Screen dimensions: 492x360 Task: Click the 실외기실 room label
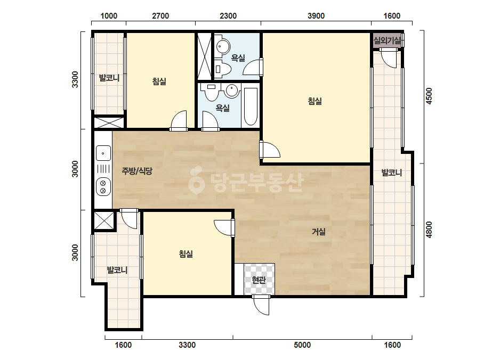click(x=387, y=40)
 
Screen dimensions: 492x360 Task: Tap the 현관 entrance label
click(x=259, y=280)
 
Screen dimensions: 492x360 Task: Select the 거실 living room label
click(x=318, y=232)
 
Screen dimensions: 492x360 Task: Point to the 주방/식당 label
click(x=137, y=171)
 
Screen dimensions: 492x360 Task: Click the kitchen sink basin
click(x=103, y=153)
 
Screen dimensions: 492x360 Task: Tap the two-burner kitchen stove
click(x=103, y=186)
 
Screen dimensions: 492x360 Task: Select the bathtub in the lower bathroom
click(x=251, y=107)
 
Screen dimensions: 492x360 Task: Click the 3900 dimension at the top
click(x=316, y=15)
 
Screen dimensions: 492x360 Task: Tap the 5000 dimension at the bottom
click(x=302, y=345)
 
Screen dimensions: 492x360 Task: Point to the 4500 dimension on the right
click(x=429, y=96)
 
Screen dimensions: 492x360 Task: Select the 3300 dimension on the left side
click(x=75, y=79)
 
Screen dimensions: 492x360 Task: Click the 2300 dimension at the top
click(x=228, y=15)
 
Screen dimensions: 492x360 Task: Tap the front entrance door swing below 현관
click(x=261, y=305)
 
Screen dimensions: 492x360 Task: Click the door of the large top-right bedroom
click(x=270, y=150)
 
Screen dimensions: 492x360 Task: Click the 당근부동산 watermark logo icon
click(x=196, y=181)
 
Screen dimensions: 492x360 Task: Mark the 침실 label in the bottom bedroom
click(x=185, y=253)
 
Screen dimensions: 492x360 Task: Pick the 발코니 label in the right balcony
click(x=392, y=172)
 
